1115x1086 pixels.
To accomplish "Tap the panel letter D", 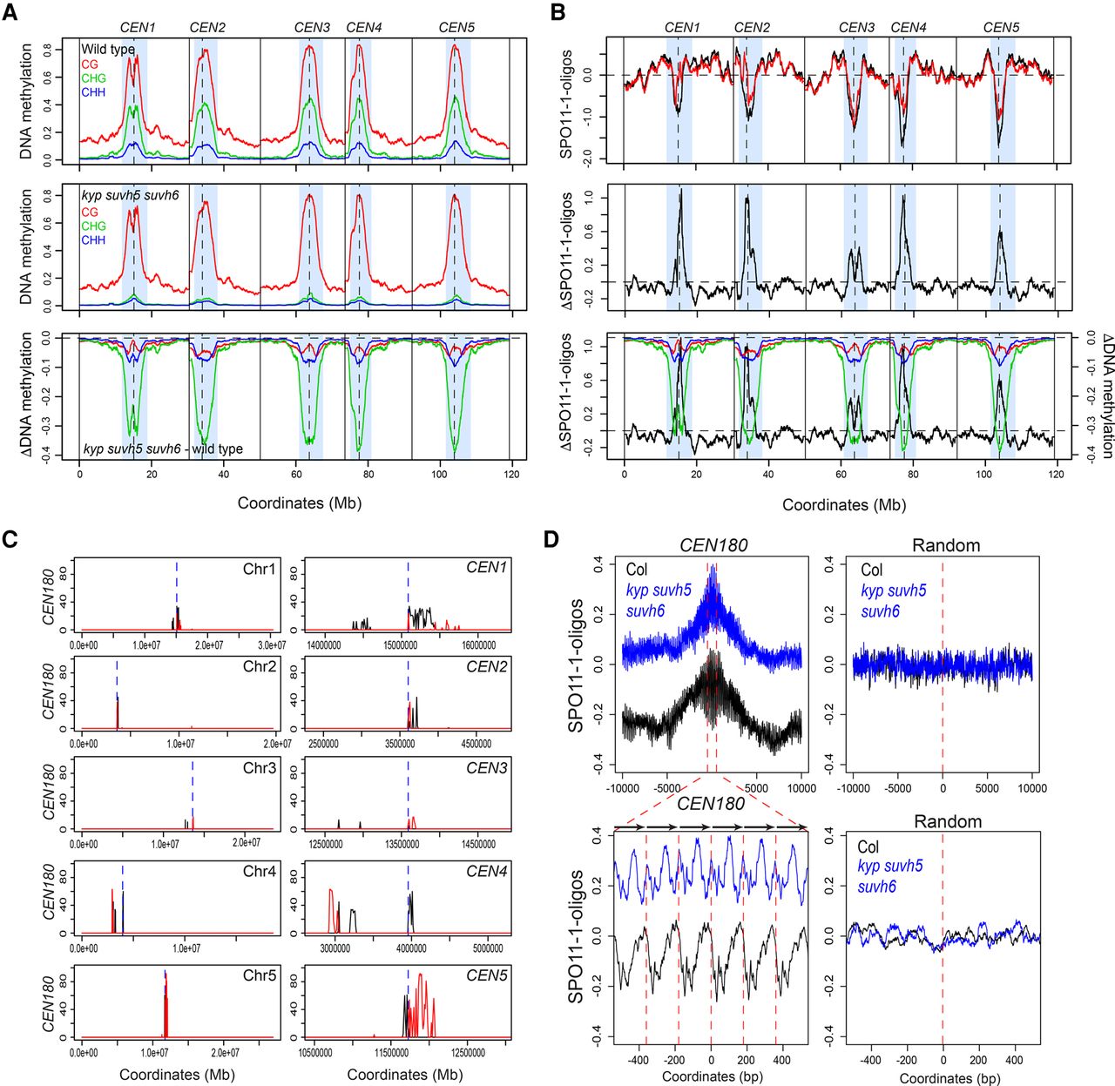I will pos(552,539).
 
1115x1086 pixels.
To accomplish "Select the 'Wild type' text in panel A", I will pos(108,50).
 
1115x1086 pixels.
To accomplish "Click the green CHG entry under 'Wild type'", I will pos(93,78).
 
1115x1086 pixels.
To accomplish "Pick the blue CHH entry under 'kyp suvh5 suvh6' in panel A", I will pos(93,239).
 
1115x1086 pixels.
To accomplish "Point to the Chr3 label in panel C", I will pos(260,768).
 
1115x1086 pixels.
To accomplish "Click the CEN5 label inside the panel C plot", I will pos(486,975).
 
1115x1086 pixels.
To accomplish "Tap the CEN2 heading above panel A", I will pos(207,28).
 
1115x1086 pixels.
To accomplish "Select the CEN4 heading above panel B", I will pos(909,28).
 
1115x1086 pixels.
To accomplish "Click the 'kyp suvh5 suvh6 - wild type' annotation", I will pos(163,449).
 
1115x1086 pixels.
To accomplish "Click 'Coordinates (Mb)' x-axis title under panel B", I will pos(843,504).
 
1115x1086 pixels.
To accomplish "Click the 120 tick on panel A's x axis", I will pos(511,475).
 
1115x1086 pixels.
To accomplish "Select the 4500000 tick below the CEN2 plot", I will pos(476,745).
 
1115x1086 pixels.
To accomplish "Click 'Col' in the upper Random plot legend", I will pos(872,570).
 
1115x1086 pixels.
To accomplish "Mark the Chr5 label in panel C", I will pos(260,975).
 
